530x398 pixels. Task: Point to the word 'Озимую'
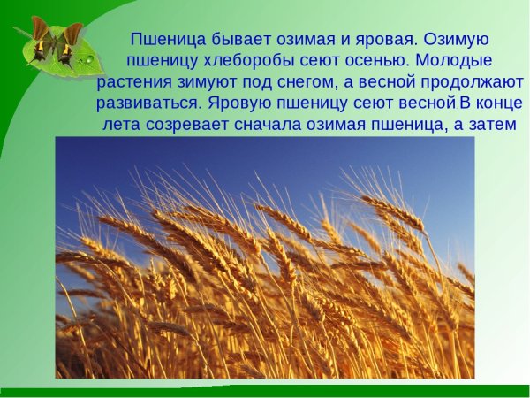[x=457, y=40]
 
